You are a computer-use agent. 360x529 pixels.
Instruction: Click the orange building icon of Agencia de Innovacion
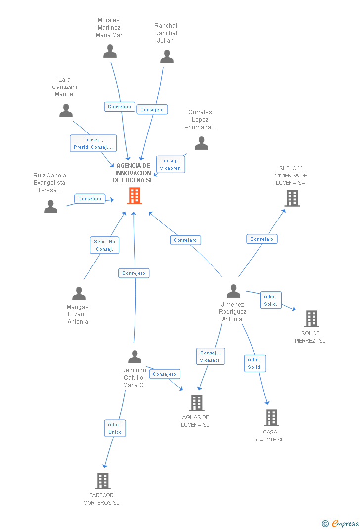pos(135,196)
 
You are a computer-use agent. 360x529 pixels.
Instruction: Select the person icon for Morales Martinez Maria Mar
pos(110,51)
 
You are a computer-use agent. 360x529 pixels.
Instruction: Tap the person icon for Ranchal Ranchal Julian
pos(167,57)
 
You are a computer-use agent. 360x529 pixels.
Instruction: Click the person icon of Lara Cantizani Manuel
pos(66,111)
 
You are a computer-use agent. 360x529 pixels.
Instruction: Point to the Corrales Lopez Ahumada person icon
pos(201,143)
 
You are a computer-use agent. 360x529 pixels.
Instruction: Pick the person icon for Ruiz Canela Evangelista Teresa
pos(50,206)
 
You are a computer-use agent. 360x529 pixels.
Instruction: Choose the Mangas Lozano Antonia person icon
pos(79,294)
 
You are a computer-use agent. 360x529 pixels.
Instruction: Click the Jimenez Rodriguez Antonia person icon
pos(233,291)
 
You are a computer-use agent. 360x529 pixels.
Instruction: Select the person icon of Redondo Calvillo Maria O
pos(135,356)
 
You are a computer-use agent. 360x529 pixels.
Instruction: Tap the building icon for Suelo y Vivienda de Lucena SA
pos(292,198)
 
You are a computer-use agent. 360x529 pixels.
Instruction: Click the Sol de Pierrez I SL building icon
pos(312,319)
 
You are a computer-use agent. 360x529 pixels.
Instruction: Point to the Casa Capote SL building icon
pos(271,418)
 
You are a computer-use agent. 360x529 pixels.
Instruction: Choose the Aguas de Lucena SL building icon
pos(196,403)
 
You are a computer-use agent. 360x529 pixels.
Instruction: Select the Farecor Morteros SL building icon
pos(102,481)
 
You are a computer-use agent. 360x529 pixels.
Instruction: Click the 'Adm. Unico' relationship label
pos(115,428)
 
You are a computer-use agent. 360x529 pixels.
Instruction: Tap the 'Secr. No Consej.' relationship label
pos(104,245)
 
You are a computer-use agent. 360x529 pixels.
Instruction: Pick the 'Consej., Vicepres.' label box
pos(171,164)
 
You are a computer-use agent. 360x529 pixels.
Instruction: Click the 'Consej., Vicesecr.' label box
pos(211,356)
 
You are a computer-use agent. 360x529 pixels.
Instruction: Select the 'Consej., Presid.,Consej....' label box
pos(93,143)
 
